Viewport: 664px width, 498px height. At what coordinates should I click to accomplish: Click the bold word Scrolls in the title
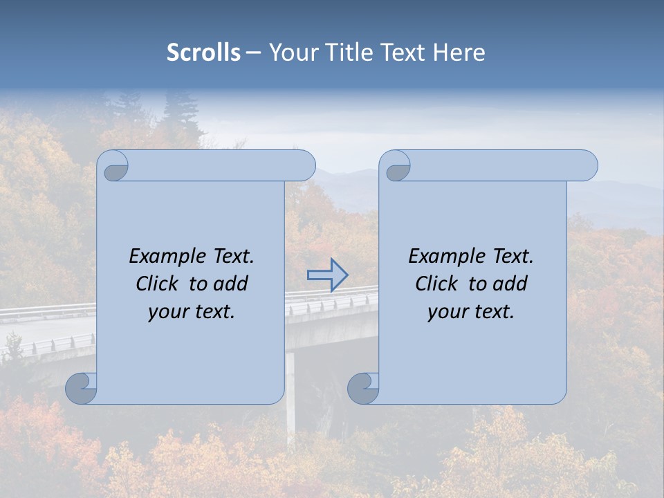(x=203, y=53)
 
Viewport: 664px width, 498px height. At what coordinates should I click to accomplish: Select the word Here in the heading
(x=459, y=53)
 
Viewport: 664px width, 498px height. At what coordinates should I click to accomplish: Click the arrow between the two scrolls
(x=328, y=275)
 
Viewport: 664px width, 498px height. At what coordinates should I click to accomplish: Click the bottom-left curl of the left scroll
(x=82, y=388)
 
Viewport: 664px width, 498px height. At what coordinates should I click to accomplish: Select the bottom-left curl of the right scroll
(x=363, y=388)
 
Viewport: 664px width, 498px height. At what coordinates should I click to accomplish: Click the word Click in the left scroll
(x=158, y=284)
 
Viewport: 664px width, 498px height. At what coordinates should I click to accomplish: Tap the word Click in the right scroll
(x=437, y=284)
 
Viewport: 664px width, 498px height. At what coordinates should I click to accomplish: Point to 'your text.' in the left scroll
(x=192, y=311)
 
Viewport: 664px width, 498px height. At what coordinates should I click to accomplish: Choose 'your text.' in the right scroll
(x=471, y=311)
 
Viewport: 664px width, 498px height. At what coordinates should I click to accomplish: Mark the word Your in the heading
(x=291, y=53)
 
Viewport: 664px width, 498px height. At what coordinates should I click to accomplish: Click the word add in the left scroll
(x=231, y=284)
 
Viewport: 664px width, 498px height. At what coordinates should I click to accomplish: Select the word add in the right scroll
(x=510, y=284)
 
